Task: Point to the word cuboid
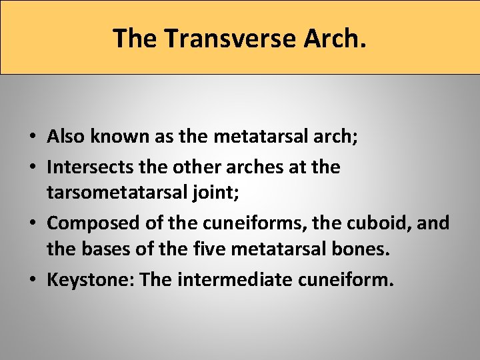click(377, 222)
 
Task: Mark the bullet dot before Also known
click(33, 138)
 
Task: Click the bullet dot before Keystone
click(33, 279)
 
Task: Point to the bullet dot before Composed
click(33, 223)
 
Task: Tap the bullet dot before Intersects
click(33, 167)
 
